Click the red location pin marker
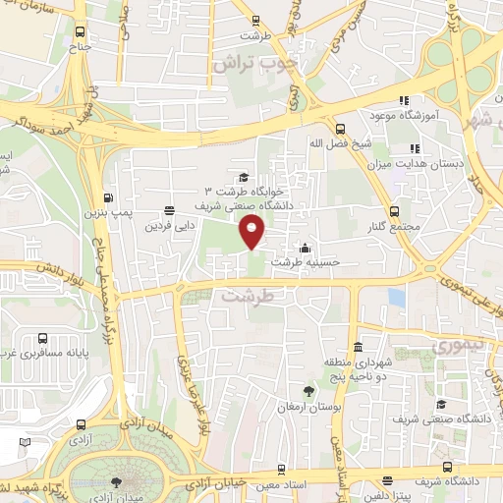253,233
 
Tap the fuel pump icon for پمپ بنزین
108,194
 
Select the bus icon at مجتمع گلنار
394,211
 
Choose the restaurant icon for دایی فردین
170,210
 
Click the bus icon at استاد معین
282,470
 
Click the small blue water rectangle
396,297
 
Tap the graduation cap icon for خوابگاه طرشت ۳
243,177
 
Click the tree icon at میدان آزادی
117,482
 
